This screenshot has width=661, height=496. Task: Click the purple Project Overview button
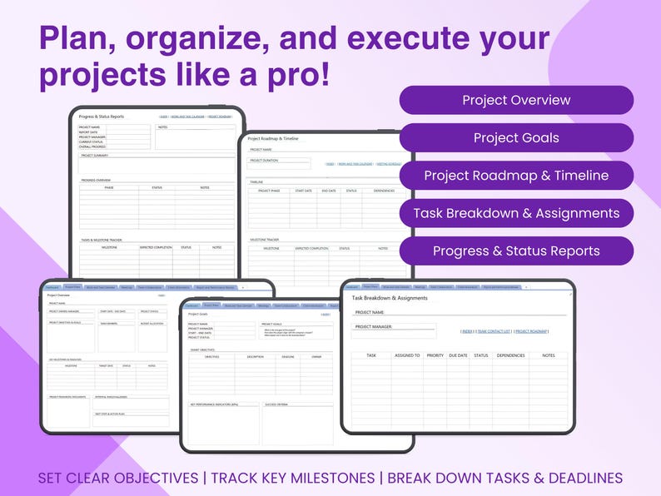point(516,100)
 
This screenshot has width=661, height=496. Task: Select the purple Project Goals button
point(516,138)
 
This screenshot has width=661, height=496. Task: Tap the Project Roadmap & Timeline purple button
point(516,176)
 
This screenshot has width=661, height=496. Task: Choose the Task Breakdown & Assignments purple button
point(516,213)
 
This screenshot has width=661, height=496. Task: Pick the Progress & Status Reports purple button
point(516,250)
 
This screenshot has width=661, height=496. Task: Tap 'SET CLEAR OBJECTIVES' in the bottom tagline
point(117,479)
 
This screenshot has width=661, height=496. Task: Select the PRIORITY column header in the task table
point(435,355)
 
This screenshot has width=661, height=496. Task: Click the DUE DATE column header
point(458,355)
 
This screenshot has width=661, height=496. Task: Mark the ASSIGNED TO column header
point(406,355)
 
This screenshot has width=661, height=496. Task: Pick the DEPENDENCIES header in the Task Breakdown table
point(509,355)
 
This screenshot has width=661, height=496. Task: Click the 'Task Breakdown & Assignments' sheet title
point(390,297)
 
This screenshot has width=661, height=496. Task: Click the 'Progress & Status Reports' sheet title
point(101,117)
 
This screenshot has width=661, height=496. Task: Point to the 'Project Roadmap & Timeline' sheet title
point(273,138)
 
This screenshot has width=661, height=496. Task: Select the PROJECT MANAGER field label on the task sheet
point(374,327)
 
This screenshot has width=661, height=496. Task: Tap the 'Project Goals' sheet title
point(198,314)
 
